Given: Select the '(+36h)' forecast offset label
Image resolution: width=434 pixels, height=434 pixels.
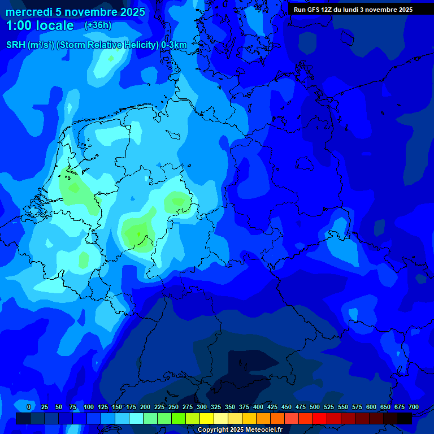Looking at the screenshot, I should pyautogui.click(x=98, y=25).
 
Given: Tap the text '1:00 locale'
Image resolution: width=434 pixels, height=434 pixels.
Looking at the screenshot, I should pyautogui.click(x=40, y=26).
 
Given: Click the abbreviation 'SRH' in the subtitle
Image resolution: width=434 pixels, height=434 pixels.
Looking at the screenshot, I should pyautogui.click(x=16, y=45).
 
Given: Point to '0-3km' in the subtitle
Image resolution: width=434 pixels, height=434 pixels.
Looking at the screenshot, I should pyautogui.click(x=174, y=45).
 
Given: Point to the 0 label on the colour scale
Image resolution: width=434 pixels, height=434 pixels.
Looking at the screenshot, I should pyautogui.click(x=29, y=407).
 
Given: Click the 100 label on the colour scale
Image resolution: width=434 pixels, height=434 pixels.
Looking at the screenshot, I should pyautogui.click(x=89, y=407).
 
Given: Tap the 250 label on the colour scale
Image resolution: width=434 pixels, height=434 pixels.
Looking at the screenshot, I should pyautogui.click(x=173, y=407).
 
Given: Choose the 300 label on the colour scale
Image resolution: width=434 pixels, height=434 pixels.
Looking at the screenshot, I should pyautogui.click(x=202, y=407).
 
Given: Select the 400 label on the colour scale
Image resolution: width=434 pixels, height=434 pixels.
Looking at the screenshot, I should pyautogui.click(x=258, y=407).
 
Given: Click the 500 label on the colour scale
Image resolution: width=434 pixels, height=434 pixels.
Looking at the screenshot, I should pyautogui.click(x=315, y=407).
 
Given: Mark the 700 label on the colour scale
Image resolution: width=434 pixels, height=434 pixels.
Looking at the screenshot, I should pyautogui.click(x=414, y=407).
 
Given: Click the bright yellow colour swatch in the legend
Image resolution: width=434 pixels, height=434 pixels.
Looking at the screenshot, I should pyautogui.click(x=207, y=418).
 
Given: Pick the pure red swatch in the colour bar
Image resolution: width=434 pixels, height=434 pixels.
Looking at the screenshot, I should pyautogui.click(x=320, y=418).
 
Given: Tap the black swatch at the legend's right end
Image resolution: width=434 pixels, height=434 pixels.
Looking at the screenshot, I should pyautogui.click(x=405, y=418).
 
